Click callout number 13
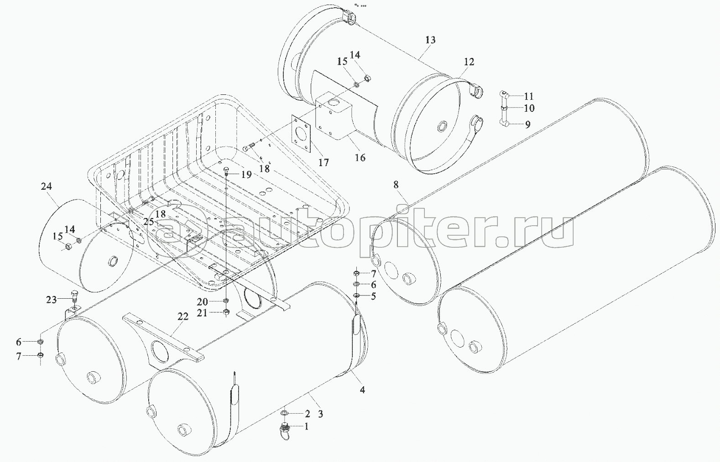pyautogui.click(x=430, y=40)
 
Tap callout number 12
pyautogui.click(x=469, y=62)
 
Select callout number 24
pyautogui.click(x=46, y=186)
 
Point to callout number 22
pyautogui.click(x=183, y=317)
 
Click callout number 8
pyautogui.click(x=396, y=184)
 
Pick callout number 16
pyautogui.click(x=360, y=157)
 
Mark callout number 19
pyautogui.click(x=246, y=174)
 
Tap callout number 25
pyautogui.click(x=149, y=222)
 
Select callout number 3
pyautogui.click(x=321, y=414)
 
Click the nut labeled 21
pyautogui.click(x=226, y=312)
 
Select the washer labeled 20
pyautogui.click(x=226, y=301)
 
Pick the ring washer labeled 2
pyautogui.click(x=285, y=413)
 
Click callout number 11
pyautogui.click(x=529, y=96)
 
